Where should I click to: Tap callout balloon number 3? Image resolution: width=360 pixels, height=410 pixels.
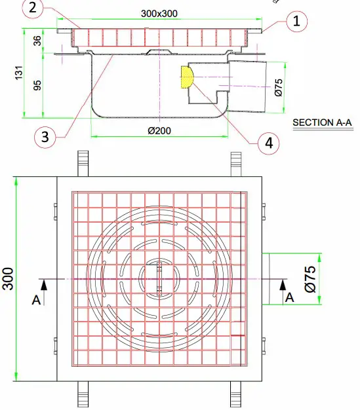[44, 137]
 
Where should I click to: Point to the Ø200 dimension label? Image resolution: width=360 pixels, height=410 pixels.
[159, 131]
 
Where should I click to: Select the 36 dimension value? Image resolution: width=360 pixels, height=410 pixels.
[38, 41]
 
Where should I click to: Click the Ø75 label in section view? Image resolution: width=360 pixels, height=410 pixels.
[278, 86]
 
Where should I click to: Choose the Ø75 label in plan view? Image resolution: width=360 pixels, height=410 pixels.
[310, 278]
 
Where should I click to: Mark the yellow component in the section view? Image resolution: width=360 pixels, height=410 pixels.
[185, 77]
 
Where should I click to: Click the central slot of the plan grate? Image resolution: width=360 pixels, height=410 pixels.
[159, 279]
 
